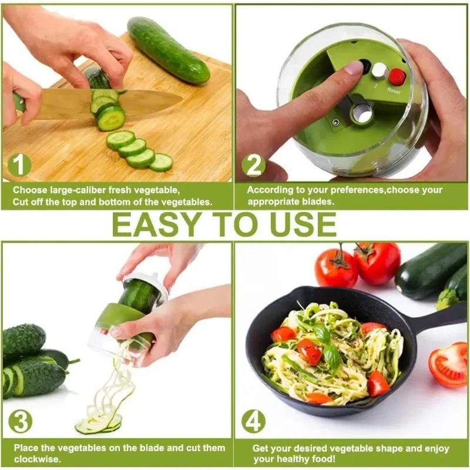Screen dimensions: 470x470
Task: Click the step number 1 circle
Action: click(19, 165)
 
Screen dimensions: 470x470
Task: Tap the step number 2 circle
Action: click(253, 165)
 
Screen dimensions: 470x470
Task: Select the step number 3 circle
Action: click(21, 421)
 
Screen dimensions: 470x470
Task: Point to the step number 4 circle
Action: click(253, 421)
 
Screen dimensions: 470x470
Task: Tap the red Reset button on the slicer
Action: click(397, 76)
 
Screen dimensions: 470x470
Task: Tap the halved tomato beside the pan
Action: click(449, 364)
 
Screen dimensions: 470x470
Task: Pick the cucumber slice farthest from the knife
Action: click(161, 162)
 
